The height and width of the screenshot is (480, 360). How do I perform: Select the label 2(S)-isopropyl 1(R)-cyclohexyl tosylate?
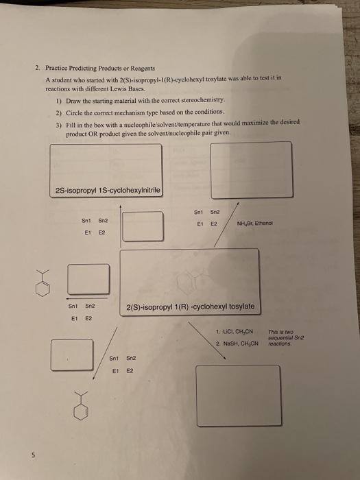[191, 306]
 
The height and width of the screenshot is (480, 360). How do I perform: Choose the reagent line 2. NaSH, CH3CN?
[237, 343]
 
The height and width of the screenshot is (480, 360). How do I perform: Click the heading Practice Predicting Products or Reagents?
[100, 69]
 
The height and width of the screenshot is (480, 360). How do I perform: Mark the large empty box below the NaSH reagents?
[238, 396]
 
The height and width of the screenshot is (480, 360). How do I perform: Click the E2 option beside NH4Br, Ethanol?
[213, 204]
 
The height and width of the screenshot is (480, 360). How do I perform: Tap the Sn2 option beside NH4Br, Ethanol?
[214, 193]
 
